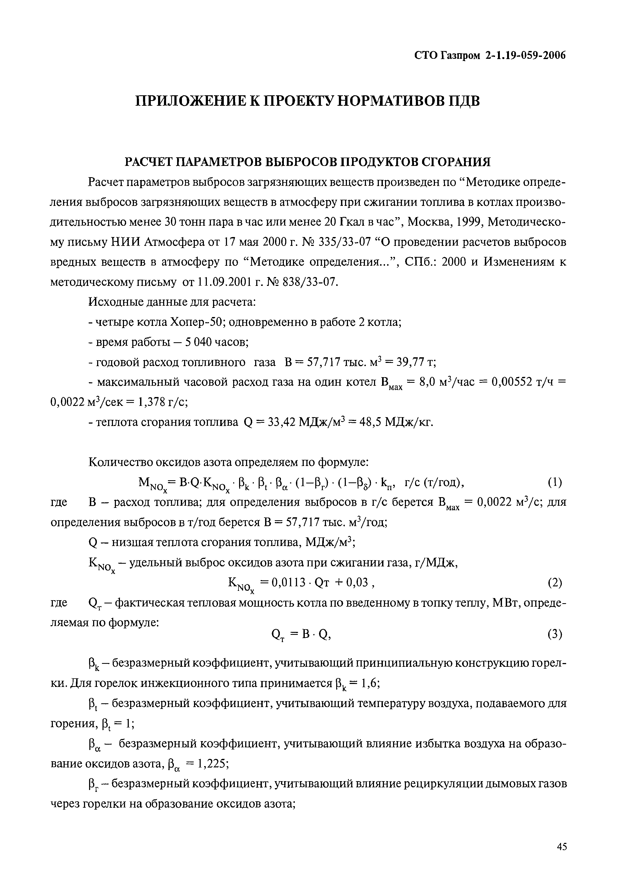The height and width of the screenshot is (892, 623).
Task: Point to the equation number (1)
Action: pos(555,483)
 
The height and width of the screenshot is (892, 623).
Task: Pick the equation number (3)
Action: pos(555,634)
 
